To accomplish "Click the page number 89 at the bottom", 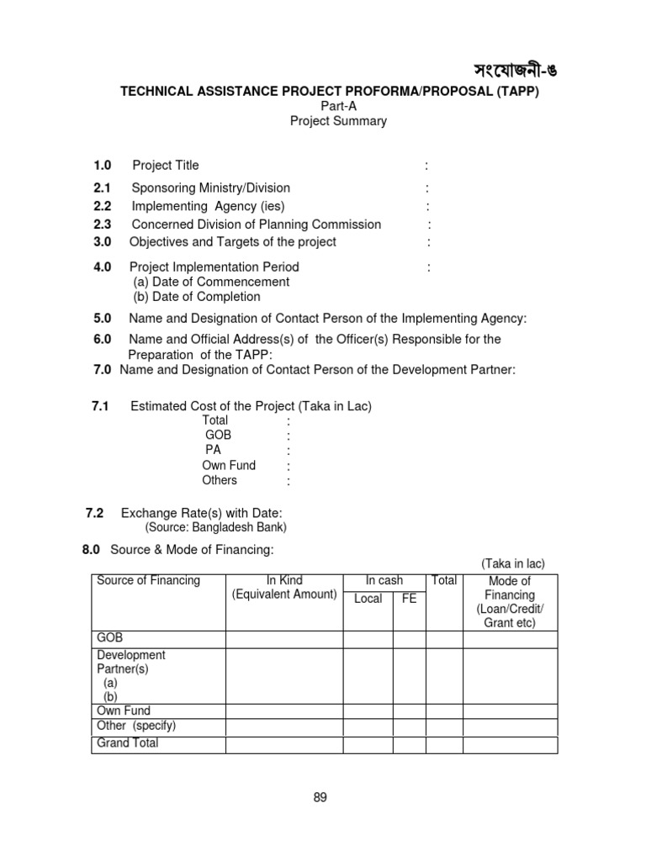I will coord(320,798).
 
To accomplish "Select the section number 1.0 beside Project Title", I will coord(103,165).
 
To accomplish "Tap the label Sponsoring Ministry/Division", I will coord(211,188).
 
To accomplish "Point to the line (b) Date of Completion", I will coord(197,297).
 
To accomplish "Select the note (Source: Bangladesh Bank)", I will coord(216,528).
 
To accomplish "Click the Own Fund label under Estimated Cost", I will coord(229,465).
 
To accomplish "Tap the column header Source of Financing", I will coord(149,581).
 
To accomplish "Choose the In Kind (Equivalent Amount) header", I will coord(284,588).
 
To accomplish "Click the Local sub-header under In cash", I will coord(368,599).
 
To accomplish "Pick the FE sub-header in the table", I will coord(409,599).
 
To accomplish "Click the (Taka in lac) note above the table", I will coord(513,563).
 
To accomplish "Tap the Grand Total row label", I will coord(128,743).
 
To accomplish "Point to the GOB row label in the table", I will coord(110,638).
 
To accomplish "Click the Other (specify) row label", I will coord(136,726).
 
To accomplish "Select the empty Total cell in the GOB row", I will coord(443,639).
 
